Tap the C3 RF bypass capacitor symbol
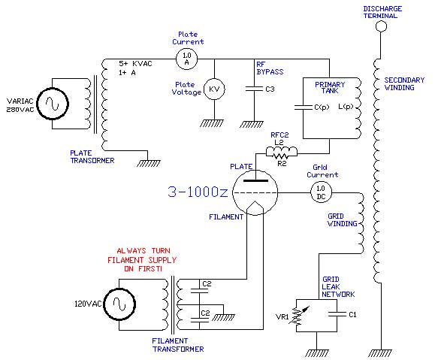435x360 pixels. point(254,89)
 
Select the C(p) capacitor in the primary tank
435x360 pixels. point(304,107)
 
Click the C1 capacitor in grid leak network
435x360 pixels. point(337,314)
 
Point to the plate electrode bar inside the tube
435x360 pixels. point(255,180)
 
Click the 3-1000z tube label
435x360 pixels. point(198,192)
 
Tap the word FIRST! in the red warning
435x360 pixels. point(150,268)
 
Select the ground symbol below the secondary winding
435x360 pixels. point(380,352)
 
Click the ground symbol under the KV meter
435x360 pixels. point(212,123)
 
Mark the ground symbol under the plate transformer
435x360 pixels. point(149,163)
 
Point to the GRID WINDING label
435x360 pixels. point(342,219)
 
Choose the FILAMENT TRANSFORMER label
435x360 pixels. point(178,345)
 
